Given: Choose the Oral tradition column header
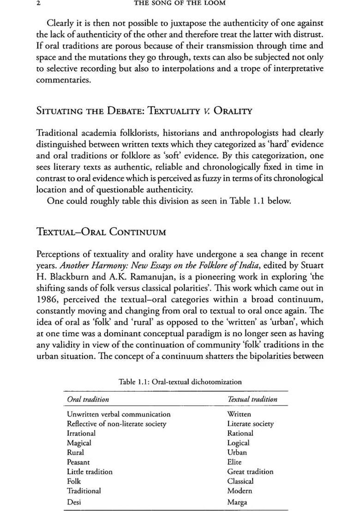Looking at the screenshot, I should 88,399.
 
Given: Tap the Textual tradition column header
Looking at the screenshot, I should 252,399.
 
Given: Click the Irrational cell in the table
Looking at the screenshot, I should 81,434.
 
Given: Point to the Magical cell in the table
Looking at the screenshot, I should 79,443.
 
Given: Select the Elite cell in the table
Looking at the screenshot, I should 234,462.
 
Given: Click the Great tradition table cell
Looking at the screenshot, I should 250,472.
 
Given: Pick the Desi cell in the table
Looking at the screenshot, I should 74,502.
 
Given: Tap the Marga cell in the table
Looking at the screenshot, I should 237,502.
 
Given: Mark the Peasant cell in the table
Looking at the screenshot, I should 78,462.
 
